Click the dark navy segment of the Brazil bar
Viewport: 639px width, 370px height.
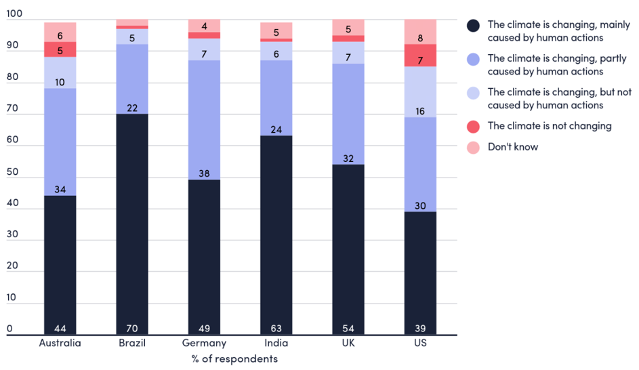(x=131, y=224)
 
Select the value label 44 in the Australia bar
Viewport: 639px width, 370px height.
(x=60, y=329)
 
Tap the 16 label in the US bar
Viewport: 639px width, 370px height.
(x=419, y=111)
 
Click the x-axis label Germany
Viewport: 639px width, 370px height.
(x=204, y=343)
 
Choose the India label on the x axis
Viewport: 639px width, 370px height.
(x=276, y=343)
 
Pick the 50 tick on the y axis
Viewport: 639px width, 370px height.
(x=9, y=177)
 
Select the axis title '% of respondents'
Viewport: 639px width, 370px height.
(x=234, y=359)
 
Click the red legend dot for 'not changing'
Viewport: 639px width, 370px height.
(x=474, y=126)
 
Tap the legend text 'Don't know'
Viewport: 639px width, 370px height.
(x=512, y=146)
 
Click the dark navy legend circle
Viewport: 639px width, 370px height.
(x=474, y=26)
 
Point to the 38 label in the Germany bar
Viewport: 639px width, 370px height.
(x=204, y=173)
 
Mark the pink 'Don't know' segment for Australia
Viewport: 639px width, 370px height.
(x=60, y=32)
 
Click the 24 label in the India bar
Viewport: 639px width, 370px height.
(x=276, y=129)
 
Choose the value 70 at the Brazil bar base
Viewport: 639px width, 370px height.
(x=131, y=329)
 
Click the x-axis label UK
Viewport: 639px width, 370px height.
(x=348, y=343)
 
